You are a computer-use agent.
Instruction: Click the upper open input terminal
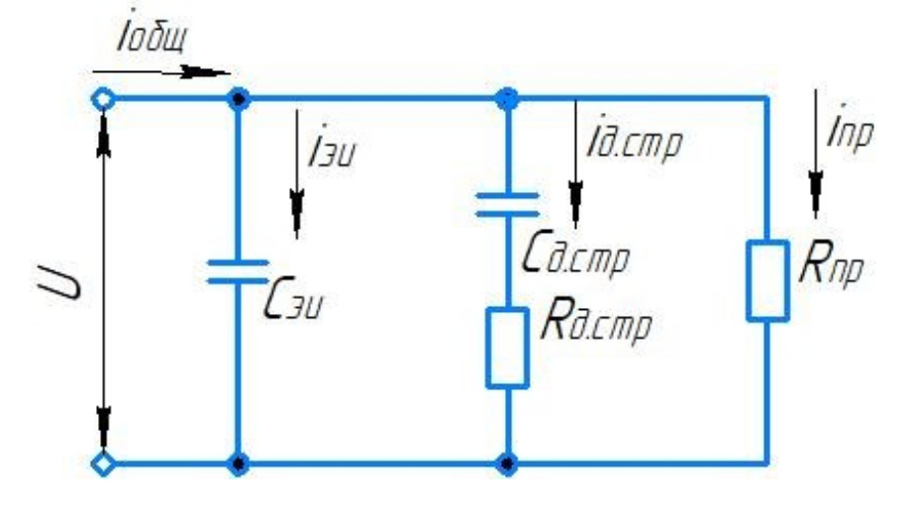(102, 99)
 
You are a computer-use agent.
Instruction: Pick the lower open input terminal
(102, 462)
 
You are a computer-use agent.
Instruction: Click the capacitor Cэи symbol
(238, 271)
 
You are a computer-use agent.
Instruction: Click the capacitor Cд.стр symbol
(507, 203)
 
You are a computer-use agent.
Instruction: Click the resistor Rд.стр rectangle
(507, 346)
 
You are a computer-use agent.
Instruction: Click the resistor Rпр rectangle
(767, 279)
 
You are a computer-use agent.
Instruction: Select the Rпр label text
(831, 266)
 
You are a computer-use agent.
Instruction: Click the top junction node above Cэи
(238, 99)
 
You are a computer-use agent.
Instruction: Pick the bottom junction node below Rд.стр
(507, 462)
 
